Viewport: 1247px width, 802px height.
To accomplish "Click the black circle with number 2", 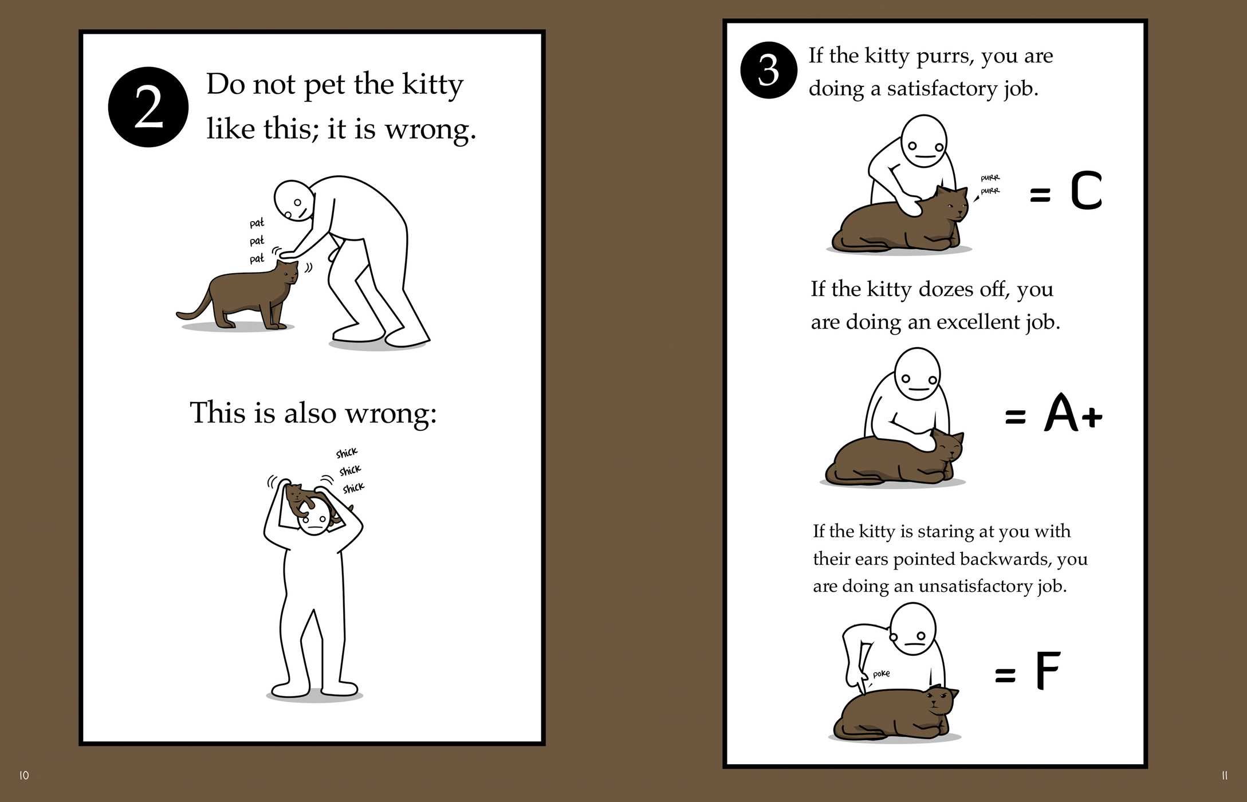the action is pyautogui.click(x=148, y=107).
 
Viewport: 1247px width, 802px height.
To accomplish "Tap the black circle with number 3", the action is pyautogui.click(x=768, y=70).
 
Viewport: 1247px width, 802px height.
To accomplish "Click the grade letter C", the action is pyautogui.click(x=1086, y=191).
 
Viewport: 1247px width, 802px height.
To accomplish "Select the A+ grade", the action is pyautogui.click(x=1073, y=413).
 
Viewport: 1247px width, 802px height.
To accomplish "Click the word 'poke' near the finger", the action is pyautogui.click(x=881, y=674).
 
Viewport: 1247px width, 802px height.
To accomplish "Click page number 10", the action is pyautogui.click(x=24, y=775).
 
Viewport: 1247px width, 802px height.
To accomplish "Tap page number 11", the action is pyautogui.click(x=1224, y=776).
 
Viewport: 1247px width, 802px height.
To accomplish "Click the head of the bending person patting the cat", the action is pyautogui.click(x=294, y=201).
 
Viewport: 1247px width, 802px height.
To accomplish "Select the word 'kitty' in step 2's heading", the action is pyautogui.click(x=432, y=85).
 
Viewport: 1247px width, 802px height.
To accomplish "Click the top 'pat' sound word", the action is pyautogui.click(x=257, y=223).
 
